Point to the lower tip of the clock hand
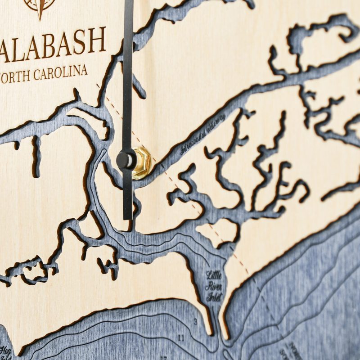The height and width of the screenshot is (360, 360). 128,218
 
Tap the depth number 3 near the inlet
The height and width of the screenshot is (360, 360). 195,322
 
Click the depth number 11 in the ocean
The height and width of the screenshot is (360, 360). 181,337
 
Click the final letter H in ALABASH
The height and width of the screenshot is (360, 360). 95,40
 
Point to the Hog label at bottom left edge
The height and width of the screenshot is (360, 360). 5,350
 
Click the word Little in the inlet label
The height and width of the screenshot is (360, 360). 213,274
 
